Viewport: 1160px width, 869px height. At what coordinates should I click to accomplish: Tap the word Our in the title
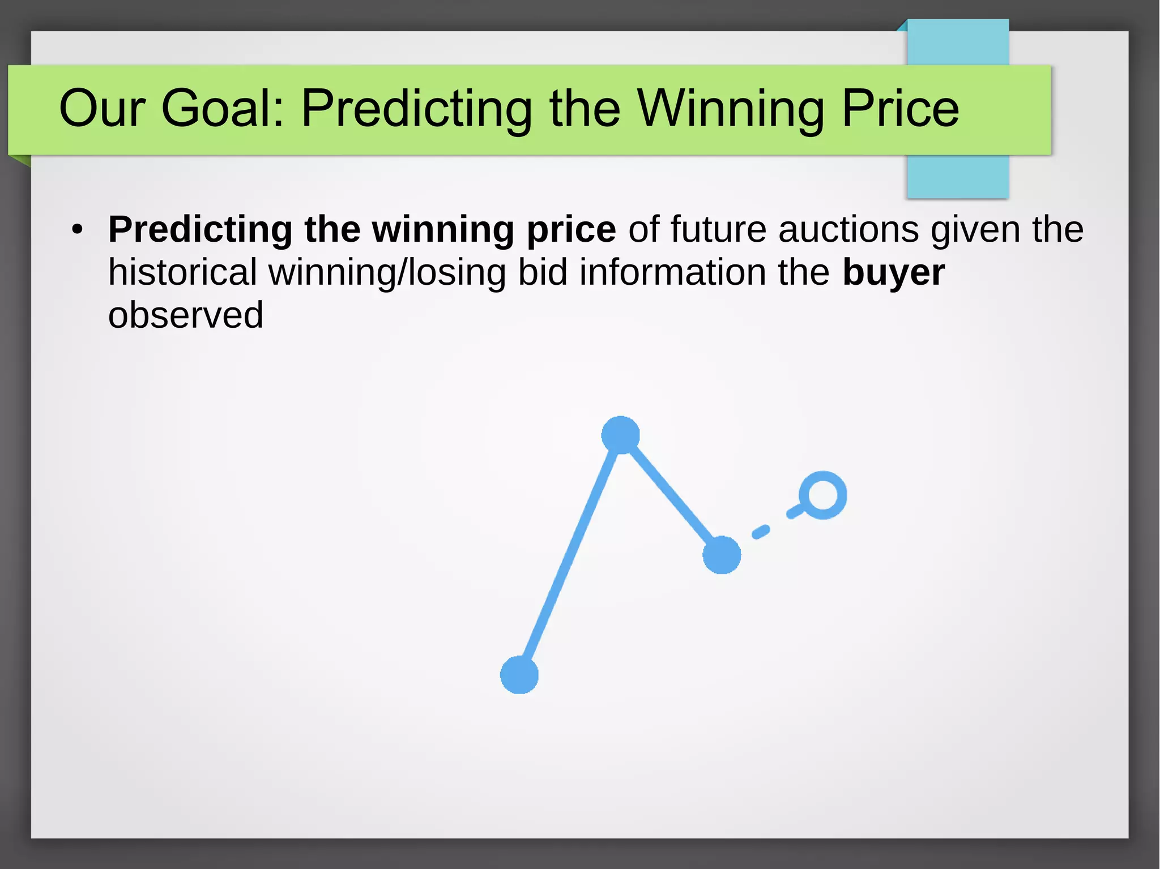pyautogui.click(x=102, y=108)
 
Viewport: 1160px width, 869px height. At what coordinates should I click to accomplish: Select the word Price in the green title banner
pyautogui.click(x=900, y=108)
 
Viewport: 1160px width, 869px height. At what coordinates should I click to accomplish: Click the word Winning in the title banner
pyautogui.click(x=731, y=108)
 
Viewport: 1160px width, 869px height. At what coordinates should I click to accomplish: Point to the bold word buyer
pyautogui.click(x=893, y=273)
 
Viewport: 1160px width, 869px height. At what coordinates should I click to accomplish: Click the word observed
pyautogui.click(x=186, y=315)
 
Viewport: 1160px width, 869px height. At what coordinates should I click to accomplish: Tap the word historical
pyautogui.click(x=182, y=272)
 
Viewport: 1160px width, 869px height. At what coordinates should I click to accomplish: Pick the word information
pyautogui.click(x=673, y=272)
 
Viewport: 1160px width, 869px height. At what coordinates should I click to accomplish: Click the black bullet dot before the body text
pyautogui.click(x=77, y=230)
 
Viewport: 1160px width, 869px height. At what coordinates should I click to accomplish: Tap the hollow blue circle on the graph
pyautogui.click(x=822, y=495)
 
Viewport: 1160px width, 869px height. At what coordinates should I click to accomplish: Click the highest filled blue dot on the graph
pyautogui.click(x=620, y=435)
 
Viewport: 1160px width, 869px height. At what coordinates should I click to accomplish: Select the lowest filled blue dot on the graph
pyautogui.click(x=519, y=675)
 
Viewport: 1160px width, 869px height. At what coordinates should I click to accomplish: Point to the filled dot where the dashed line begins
pyautogui.click(x=722, y=555)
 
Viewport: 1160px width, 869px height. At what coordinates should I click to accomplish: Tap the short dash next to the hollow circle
pyautogui.click(x=795, y=512)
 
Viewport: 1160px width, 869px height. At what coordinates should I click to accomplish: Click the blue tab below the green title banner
pyautogui.click(x=958, y=176)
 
